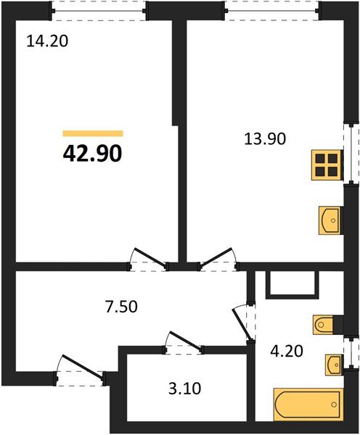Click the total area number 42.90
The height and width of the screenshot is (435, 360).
point(92,153)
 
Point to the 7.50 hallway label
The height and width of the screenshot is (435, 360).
point(119,306)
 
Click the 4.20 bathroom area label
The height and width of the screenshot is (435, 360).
point(285,355)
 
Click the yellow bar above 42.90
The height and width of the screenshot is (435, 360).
point(92,133)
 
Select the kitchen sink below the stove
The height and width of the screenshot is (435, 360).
point(330,218)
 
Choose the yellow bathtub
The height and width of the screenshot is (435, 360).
point(306,403)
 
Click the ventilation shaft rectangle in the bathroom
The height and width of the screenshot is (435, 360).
point(292,285)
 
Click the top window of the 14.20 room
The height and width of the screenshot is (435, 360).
point(99,9)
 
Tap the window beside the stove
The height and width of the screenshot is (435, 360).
point(352,154)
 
